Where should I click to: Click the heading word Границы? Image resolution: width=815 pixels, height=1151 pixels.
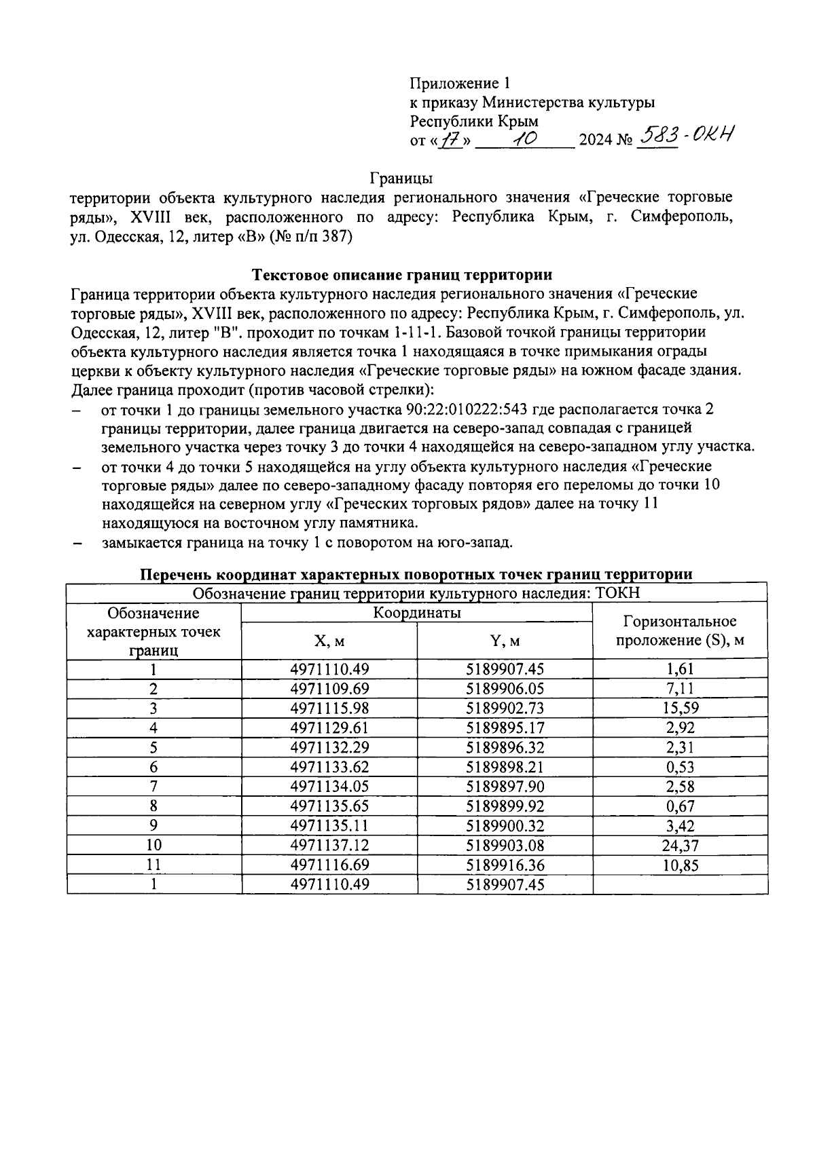point(401,178)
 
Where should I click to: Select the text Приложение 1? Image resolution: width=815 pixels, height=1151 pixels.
point(459,83)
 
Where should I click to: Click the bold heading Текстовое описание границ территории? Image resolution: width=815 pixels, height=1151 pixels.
point(402,275)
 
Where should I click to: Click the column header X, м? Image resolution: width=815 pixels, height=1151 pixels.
point(329,641)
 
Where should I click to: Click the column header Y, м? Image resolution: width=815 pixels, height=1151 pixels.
point(505,641)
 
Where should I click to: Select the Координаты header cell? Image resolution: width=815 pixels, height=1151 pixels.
point(416,613)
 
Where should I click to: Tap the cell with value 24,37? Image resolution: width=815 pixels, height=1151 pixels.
point(680,846)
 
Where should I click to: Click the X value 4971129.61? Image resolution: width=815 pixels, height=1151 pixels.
point(329,728)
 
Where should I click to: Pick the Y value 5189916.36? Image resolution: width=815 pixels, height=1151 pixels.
point(505,865)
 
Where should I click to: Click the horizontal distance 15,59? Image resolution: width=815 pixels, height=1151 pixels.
point(680,709)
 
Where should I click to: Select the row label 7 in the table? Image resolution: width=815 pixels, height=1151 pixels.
point(153,787)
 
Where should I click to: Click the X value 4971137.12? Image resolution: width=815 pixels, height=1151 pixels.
point(329,846)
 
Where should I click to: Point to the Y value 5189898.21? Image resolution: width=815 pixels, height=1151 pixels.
point(505,768)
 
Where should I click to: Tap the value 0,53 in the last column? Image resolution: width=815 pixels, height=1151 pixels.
point(680,768)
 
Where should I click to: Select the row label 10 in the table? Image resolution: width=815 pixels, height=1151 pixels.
point(153,846)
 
